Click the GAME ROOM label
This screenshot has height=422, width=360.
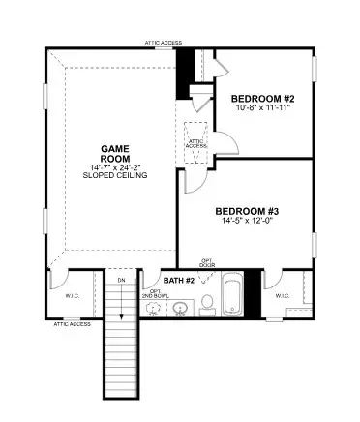(x=115, y=154)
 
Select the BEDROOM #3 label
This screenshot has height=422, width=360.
(x=247, y=211)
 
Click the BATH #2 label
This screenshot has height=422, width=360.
(x=180, y=280)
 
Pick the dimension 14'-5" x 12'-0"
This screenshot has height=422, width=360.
(x=247, y=222)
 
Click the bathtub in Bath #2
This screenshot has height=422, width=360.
(x=232, y=296)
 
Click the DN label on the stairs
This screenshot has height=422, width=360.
(x=121, y=281)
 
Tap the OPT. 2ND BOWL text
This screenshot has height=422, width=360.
(x=154, y=292)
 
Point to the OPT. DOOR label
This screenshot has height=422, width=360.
(x=207, y=262)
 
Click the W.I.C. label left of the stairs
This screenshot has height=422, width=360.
(x=72, y=296)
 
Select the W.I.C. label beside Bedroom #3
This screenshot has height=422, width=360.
(x=282, y=296)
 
